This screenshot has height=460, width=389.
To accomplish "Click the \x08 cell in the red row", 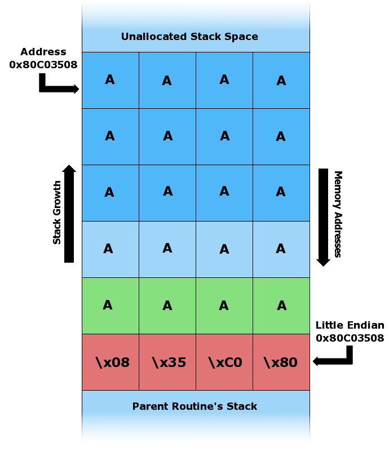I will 110,362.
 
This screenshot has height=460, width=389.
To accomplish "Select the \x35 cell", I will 167,362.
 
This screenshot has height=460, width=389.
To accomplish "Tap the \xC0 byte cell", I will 224,362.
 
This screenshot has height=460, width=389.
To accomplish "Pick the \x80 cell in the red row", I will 281,362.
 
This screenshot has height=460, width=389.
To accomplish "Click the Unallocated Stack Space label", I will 189,37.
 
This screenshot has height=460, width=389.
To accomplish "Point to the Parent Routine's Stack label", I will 194,406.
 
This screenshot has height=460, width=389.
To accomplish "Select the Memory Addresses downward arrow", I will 323,217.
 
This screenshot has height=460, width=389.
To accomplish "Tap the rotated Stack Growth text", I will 57,213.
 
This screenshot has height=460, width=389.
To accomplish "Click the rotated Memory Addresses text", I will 338,214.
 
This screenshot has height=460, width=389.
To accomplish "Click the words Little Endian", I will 350,325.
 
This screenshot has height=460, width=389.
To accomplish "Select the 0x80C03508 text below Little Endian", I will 350,338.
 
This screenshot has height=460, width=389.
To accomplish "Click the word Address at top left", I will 43,52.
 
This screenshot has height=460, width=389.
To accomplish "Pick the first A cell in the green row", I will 110,306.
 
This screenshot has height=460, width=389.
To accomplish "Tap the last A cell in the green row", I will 281,306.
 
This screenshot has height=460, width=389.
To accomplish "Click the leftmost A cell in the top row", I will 110,80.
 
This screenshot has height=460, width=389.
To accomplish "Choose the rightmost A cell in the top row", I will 281,81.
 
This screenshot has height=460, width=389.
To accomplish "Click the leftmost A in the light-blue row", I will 110,249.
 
